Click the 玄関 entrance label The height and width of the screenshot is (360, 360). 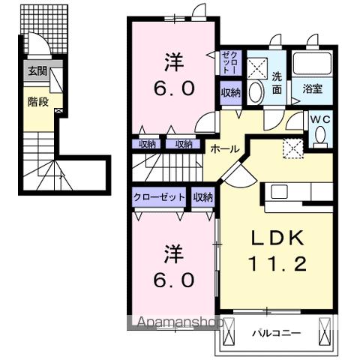(37, 72)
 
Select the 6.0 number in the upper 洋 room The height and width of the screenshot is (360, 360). (175, 88)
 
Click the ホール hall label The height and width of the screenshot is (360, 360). (224, 149)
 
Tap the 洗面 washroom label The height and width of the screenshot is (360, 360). (277, 82)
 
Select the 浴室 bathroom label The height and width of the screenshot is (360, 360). (313, 88)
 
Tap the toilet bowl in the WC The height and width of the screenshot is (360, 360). (320, 136)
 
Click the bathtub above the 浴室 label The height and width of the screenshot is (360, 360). (313, 64)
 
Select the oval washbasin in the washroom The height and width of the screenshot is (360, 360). (256, 94)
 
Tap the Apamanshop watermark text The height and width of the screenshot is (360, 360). (178, 323)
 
